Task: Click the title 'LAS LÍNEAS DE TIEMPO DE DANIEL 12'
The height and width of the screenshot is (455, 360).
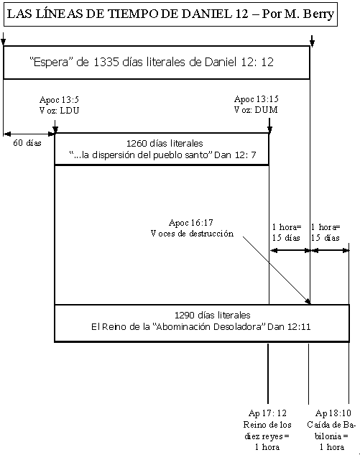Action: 128,14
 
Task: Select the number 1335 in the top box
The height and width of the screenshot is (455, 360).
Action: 106,62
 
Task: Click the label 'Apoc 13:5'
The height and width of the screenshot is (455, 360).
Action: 59,99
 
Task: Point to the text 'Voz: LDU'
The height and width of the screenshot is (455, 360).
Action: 59,110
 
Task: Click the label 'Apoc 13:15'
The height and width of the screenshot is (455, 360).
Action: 256,99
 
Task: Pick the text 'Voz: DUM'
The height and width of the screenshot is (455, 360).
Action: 256,110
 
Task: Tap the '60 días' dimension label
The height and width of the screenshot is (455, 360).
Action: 27,143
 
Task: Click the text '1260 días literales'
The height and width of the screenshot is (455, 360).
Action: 165,143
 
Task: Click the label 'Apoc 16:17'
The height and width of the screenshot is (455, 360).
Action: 191,223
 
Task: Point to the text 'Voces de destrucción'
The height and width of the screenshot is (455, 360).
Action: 192,234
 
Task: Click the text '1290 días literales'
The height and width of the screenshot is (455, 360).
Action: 213,315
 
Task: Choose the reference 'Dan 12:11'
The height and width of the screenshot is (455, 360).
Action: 289,327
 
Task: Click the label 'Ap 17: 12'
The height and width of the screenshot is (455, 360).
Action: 267,413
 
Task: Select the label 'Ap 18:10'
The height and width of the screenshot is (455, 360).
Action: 333,413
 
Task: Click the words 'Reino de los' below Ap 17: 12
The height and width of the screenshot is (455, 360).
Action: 267,425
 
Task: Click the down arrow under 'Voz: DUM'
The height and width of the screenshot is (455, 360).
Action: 269,125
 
